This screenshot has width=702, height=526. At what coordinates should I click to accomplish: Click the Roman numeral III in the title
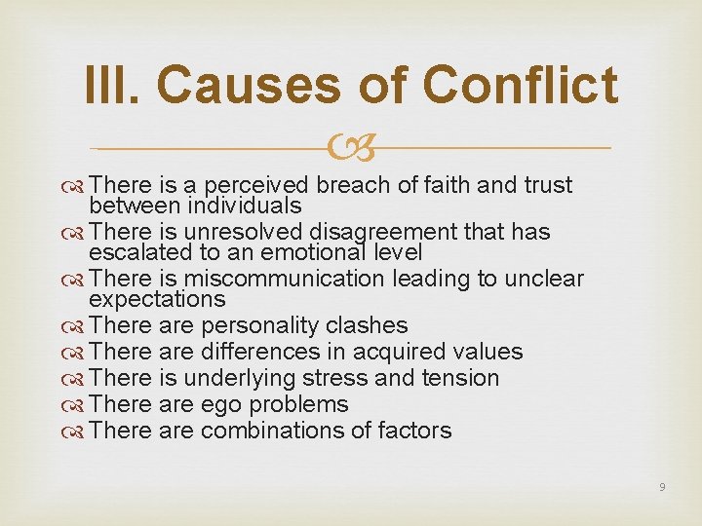click(112, 85)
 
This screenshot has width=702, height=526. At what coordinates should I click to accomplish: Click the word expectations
click(157, 299)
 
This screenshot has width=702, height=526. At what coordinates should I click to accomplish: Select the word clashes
click(371, 325)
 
